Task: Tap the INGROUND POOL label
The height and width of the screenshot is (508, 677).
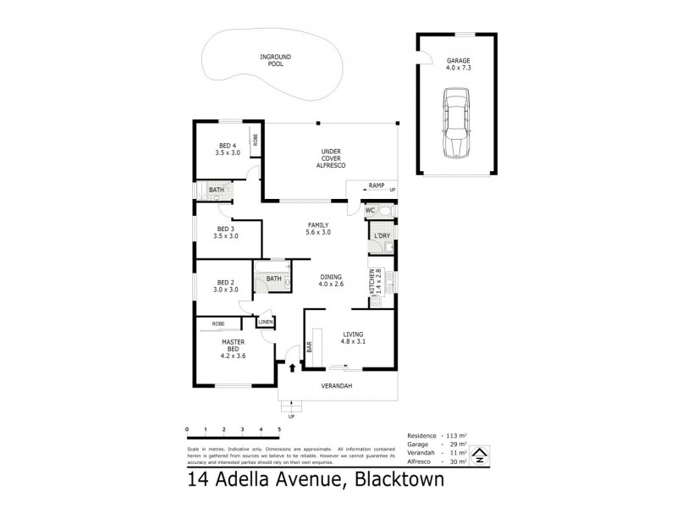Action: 275,61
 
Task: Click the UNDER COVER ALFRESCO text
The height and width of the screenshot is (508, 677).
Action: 330,158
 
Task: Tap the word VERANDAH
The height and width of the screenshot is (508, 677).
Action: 336,387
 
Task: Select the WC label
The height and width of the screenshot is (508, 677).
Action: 370,210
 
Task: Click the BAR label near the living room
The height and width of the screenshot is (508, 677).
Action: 310,347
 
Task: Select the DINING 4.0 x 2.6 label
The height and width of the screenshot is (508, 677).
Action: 331,280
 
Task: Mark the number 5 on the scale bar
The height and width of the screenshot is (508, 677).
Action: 278,430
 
